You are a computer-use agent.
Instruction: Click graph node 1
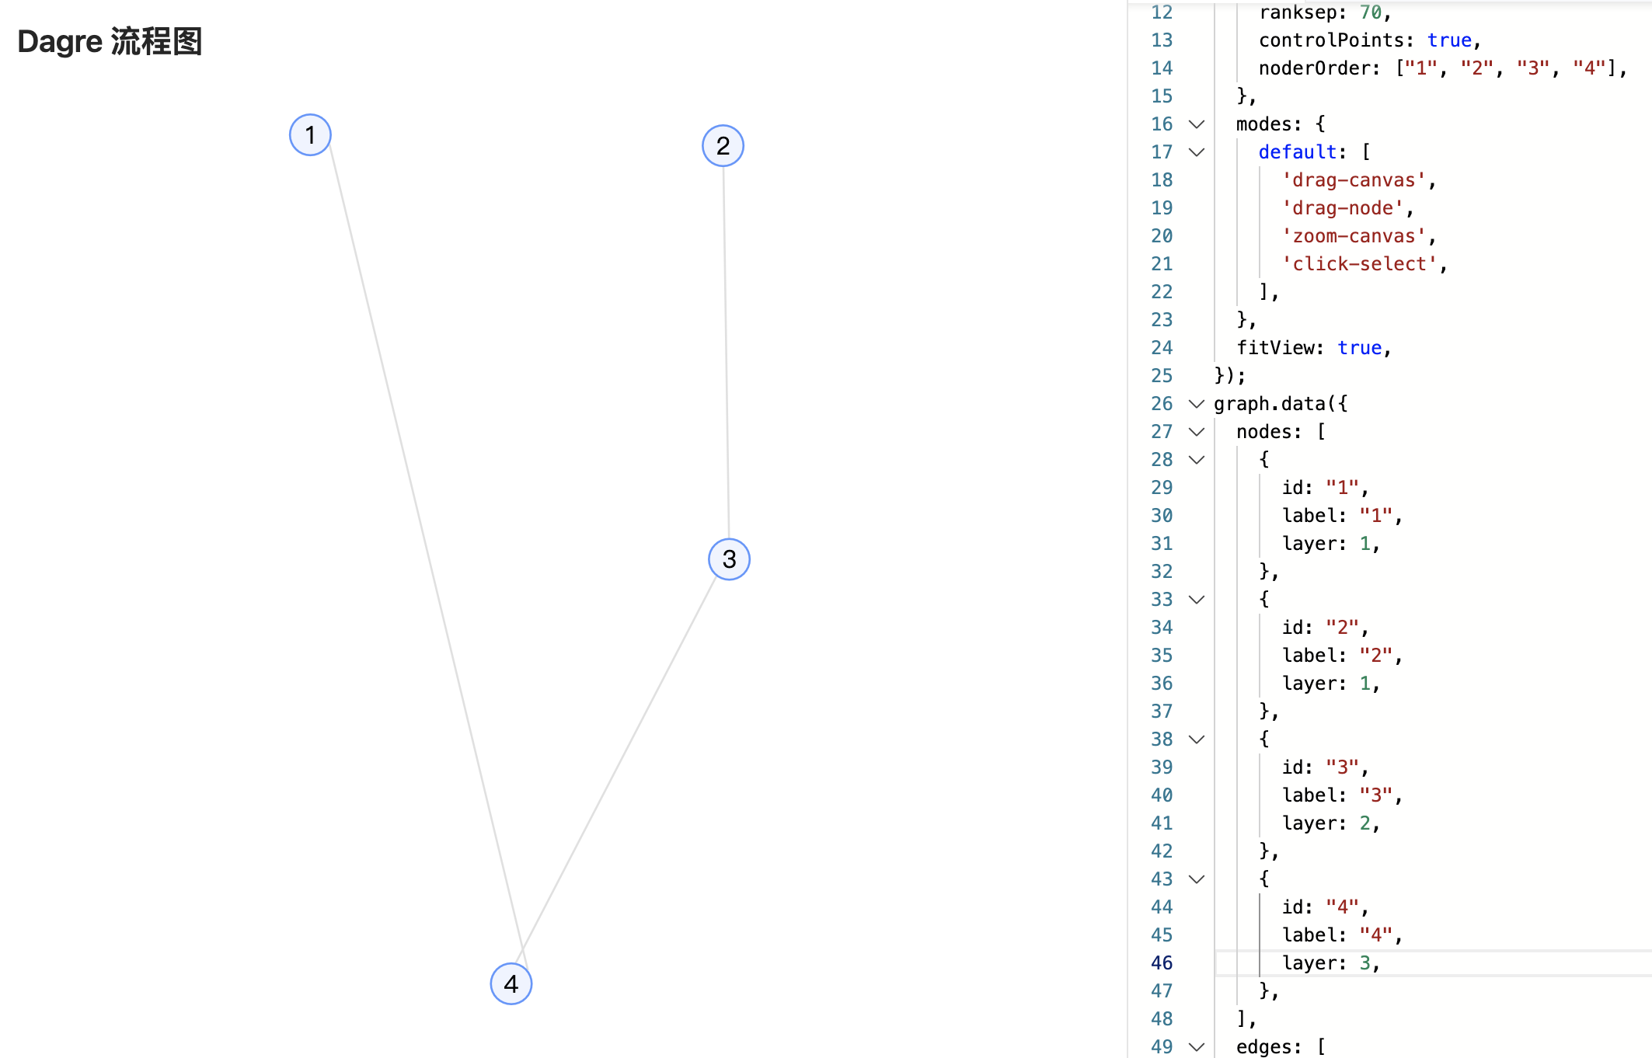[x=310, y=135]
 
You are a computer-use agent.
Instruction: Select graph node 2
[x=723, y=146]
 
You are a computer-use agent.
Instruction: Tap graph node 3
[x=729, y=559]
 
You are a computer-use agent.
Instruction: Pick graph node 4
[x=511, y=984]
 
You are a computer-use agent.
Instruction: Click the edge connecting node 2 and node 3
[x=726, y=350]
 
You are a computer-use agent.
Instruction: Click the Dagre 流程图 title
[x=110, y=42]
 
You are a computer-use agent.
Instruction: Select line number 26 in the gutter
[x=1162, y=404]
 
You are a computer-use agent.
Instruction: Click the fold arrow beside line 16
[x=1197, y=124]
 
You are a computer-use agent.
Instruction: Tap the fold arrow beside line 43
[x=1197, y=879]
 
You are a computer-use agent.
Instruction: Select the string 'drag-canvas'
[x=1354, y=180]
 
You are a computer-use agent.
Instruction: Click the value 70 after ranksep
[x=1371, y=12]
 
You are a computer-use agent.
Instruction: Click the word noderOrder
[x=1313, y=68]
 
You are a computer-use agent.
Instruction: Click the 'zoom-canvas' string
[x=1354, y=236]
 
